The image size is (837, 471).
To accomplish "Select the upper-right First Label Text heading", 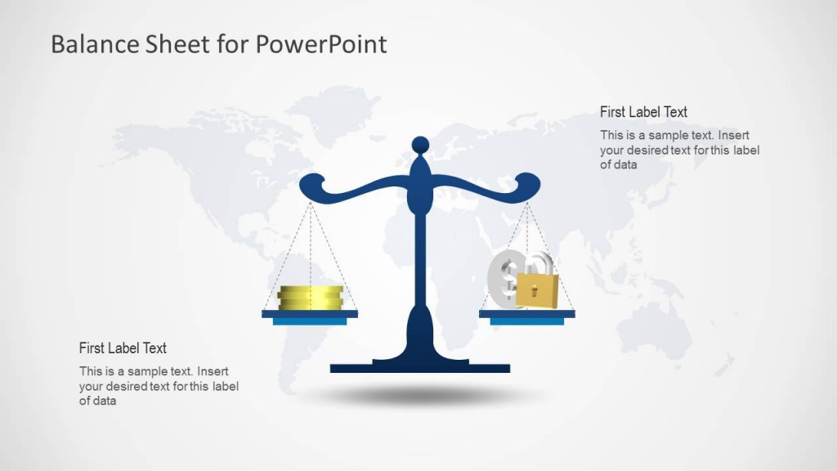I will coord(643,112).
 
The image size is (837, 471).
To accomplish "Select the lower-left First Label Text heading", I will coord(123,348).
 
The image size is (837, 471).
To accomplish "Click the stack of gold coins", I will coord(310,298).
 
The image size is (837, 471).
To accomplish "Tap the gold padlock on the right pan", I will coord(537,291).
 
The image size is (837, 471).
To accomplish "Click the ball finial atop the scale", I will coord(420,146).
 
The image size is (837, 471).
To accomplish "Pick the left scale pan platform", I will coord(310,314).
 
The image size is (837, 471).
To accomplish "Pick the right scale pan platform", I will coord(527,314).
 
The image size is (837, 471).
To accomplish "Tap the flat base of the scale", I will coord(420,368).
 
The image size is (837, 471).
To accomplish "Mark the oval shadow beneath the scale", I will coord(420,397).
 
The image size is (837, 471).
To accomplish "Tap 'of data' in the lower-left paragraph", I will coord(97,401).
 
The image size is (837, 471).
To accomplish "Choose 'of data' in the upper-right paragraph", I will coord(618,164).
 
